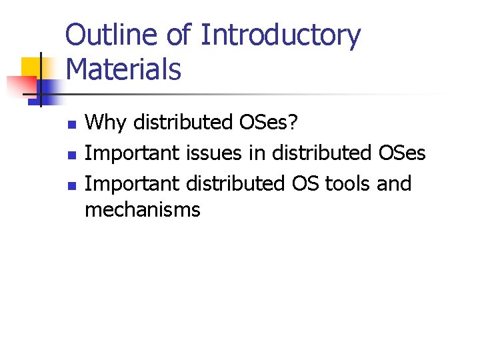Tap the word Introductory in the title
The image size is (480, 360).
pos(280,36)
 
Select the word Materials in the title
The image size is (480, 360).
pos(124,69)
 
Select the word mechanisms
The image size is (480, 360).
pos(143,210)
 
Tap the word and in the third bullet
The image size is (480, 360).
pos(394,183)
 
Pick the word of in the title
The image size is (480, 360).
pos(178,36)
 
